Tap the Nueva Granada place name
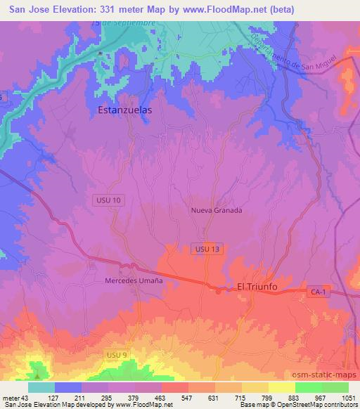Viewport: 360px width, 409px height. pos(216,210)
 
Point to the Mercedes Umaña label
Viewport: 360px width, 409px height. pos(134,280)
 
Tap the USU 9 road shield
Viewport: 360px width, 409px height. pos(115,356)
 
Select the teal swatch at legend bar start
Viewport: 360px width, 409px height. pos(41,387)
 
